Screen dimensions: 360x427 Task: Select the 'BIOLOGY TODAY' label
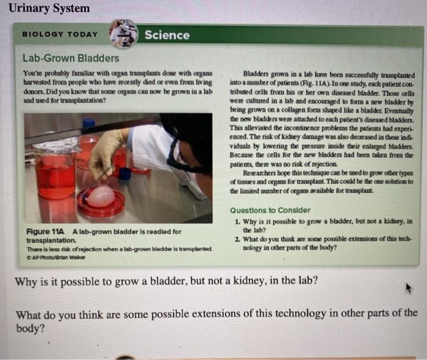click(59, 34)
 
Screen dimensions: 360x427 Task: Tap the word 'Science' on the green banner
click(167, 35)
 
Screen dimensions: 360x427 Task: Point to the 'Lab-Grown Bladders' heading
click(71, 59)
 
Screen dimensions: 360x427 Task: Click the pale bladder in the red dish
click(101, 196)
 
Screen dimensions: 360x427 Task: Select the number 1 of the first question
click(237, 221)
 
